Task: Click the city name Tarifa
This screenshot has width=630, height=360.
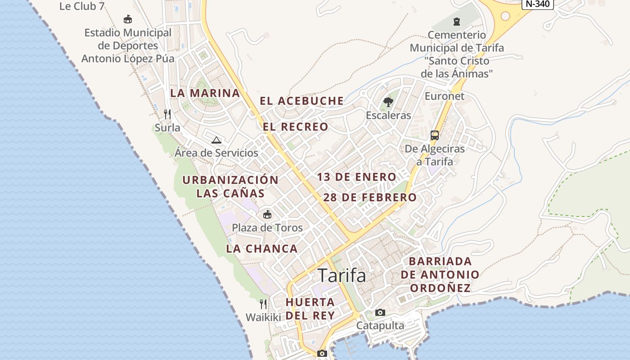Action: pos(342,275)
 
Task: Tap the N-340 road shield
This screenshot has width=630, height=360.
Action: pos(537,4)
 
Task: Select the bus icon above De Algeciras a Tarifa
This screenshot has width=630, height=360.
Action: pos(434,135)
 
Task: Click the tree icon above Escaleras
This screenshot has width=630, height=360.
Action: pos(388,102)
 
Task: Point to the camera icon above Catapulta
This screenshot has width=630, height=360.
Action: pos(380,312)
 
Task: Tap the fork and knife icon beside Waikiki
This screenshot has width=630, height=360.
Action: pos(263,304)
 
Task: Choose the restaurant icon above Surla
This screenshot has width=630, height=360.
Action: pos(167,114)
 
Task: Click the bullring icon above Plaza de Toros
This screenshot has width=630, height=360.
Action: pos(267,214)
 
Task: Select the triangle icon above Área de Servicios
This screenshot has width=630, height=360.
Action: pos(216,140)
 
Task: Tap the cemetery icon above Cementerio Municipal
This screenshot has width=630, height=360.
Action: pos(457,21)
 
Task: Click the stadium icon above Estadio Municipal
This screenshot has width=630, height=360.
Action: pos(128,19)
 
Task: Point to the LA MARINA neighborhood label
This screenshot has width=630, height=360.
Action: pos(205,93)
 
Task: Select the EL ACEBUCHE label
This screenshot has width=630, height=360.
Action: pos(301,101)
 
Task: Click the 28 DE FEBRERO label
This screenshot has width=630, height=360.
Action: pos(370,198)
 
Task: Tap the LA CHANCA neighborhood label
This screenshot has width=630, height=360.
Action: pos(262,248)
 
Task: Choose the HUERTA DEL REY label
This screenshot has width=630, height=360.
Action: pos(310,308)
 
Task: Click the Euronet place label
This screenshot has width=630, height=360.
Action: pos(445,96)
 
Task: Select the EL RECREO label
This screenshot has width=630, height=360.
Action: pos(296,127)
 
